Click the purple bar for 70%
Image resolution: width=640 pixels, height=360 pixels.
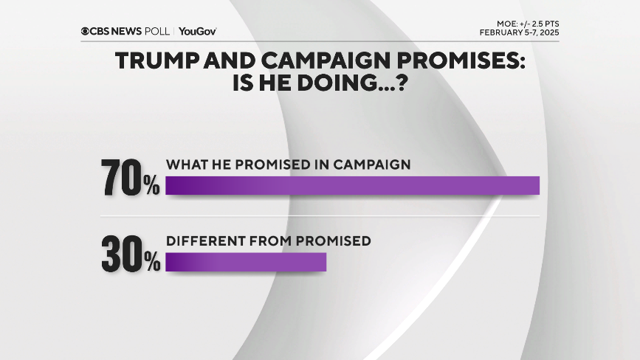[x=352, y=186]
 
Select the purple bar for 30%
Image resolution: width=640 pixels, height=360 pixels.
[x=246, y=262]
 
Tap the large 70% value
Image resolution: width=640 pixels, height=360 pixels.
[x=131, y=179]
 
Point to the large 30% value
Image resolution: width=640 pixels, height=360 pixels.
[x=131, y=255]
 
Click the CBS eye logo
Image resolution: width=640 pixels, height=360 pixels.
[x=86, y=31]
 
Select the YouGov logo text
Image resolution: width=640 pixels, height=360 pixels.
[x=197, y=31]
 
